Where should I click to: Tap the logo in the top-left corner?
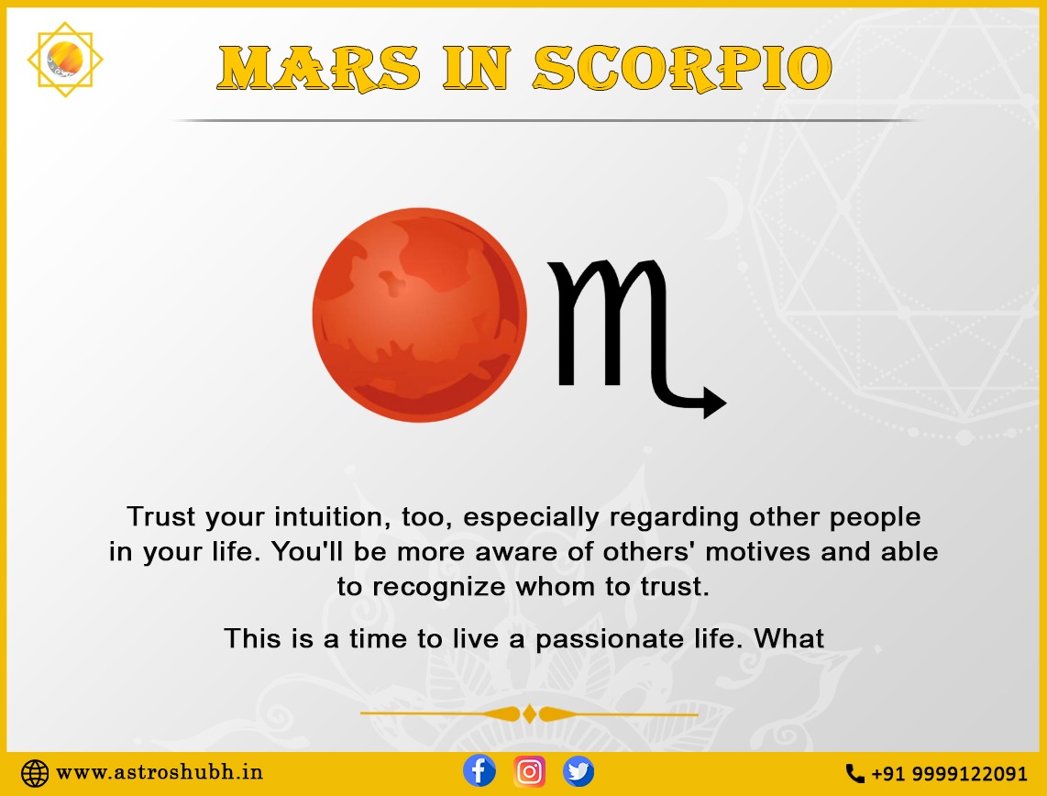coord(65,60)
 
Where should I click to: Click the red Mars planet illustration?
coord(419,315)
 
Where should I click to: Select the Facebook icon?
coord(479,770)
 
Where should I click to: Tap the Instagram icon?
coord(529,770)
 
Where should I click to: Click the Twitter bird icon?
coord(579,770)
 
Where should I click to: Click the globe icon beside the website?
coord(35,772)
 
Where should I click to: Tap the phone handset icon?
coord(854,773)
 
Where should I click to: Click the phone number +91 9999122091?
coord(949,773)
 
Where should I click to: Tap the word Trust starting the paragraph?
coord(160,517)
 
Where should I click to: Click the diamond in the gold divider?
coord(529,713)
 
